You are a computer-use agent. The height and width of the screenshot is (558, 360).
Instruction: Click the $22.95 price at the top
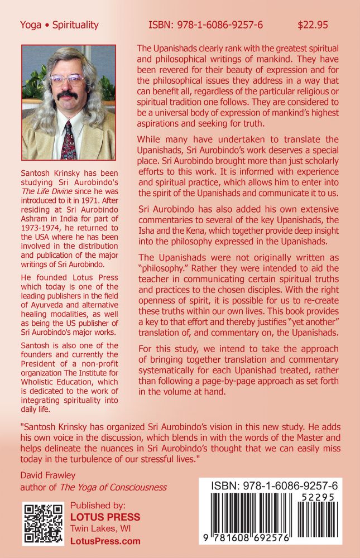pos(313,25)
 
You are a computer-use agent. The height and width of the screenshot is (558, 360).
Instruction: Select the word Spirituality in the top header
pos(75,25)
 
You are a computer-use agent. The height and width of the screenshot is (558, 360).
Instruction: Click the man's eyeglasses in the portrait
pos(66,80)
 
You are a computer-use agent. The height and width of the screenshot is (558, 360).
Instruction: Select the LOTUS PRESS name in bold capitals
pos(105,517)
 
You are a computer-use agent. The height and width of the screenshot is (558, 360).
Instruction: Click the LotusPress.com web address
pos(105,541)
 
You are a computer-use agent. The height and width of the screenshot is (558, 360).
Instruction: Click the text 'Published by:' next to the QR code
pos(95,505)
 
